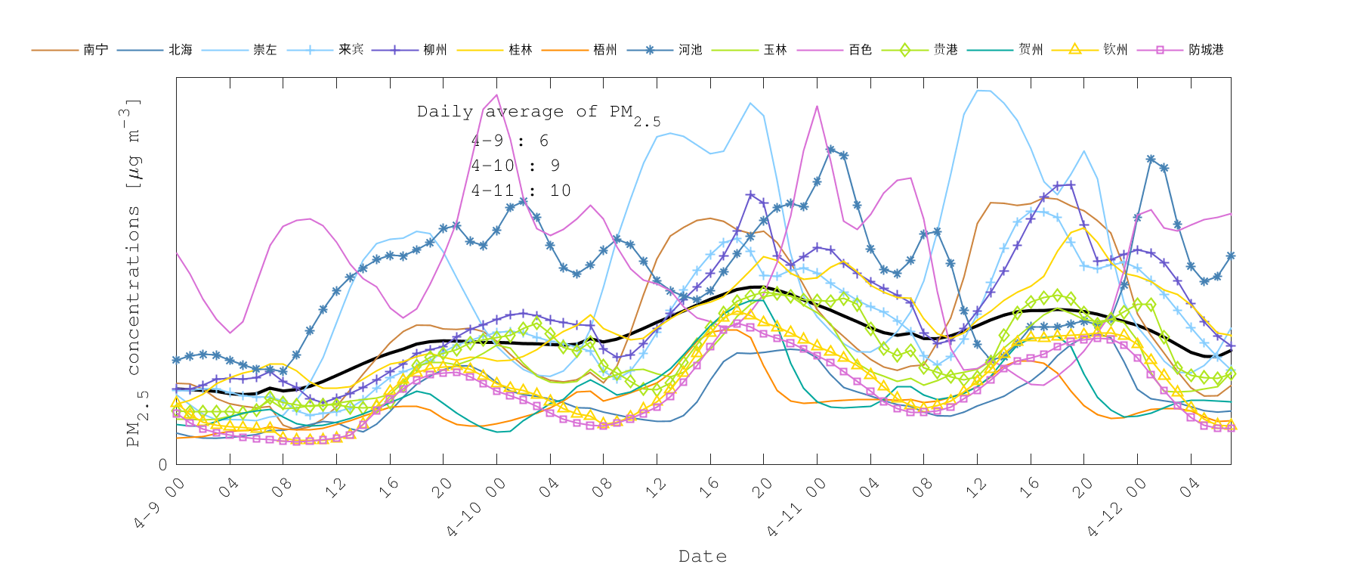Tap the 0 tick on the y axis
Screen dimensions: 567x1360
pos(162,465)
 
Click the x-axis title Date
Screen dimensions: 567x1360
pos(703,556)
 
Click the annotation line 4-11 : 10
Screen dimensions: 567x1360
pos(521,191)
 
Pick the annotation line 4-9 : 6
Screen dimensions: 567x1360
pos(509,141)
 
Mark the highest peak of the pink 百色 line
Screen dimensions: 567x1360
pos(496,95)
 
